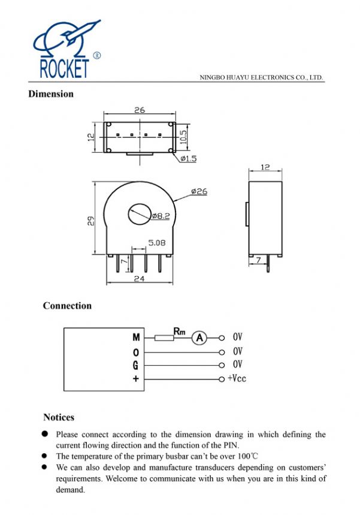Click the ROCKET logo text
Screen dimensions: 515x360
(x=64, y=68)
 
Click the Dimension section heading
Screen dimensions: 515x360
(x=51, y=94)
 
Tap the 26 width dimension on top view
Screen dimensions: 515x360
(x=140, y=110)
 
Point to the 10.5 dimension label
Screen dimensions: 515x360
(x=184, y=137)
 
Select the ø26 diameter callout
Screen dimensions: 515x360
(x=199, y=191)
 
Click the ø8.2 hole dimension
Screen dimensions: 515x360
(x=161, y=215)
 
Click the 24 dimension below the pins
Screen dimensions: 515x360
(x=138, y=279)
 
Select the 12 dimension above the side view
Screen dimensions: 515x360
(x=265, y=167)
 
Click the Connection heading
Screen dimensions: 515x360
(x=67, y=306)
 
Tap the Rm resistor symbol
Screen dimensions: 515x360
(x=164, y=338)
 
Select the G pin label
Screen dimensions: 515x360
(x=136, y=365)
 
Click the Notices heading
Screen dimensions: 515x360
(x=59, y=417)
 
